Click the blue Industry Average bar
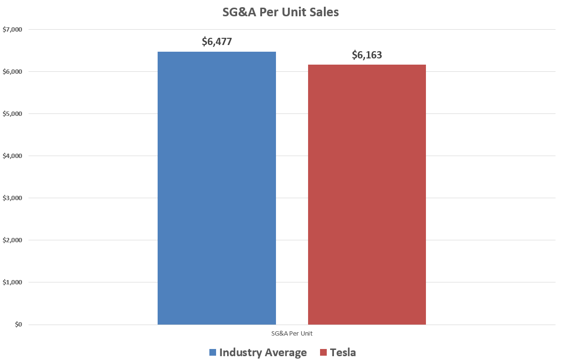[217, 188]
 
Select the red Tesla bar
[367, 194]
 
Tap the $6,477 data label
[217, 42]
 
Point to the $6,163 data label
[367, 55]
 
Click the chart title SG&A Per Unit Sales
[280, 12]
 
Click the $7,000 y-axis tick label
[12, 30]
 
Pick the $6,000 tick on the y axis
[12, 72]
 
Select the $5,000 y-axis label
[12, 114]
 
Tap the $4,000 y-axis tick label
[12, 156]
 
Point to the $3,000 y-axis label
[12, 198]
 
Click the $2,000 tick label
[12, 240]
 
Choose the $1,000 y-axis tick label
[12, 282]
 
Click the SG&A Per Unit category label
[292, 333]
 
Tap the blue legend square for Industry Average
[213, 353]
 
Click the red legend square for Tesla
[323, 353]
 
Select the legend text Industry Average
[263, 353]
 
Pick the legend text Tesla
[343, 353]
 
